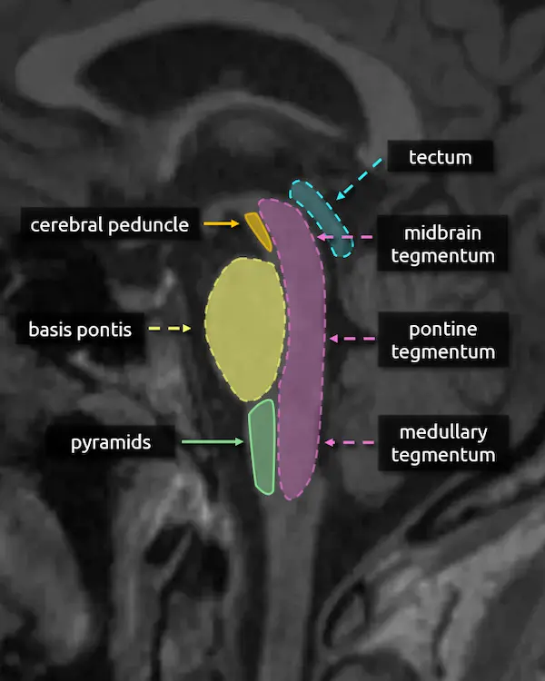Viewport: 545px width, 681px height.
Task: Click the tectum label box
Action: (x=441, y=157)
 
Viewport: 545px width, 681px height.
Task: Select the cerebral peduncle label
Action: (x=109, y=223)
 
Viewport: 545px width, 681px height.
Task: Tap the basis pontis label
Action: (x=80, y=329)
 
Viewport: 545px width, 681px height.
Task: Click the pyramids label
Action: (x=111, y=443)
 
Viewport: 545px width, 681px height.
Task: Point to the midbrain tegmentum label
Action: (x=442, y=244)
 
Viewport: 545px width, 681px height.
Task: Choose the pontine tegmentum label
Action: (x=442, y=340)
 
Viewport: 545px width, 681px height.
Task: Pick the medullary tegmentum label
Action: (x=443, y=443)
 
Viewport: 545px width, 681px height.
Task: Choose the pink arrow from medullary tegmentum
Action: (x=350, y=443)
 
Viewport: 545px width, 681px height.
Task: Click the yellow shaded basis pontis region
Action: (x=244, y=329)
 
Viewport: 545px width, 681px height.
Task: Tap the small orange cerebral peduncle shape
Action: (x=259, y=231)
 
